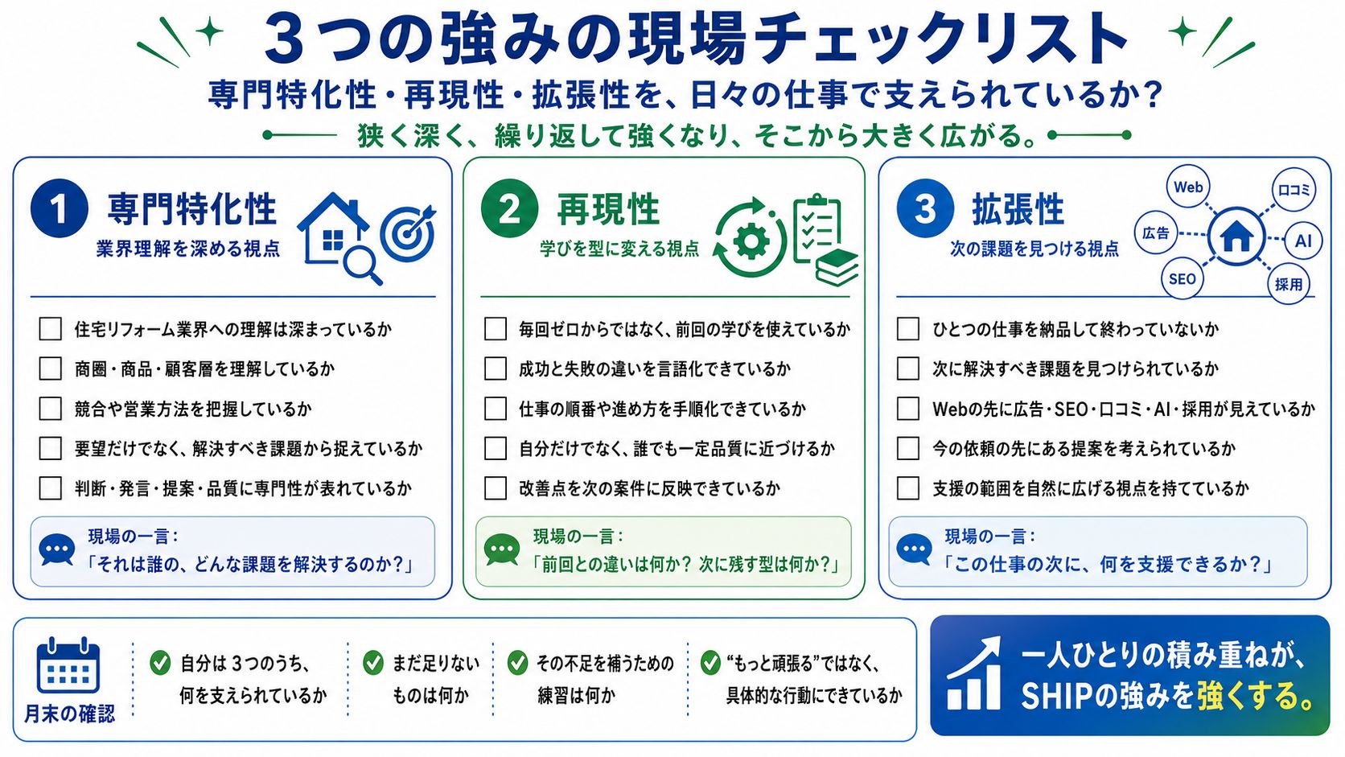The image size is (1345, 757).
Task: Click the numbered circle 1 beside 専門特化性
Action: (x=60, y=209)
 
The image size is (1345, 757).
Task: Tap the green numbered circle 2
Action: (x=509, y=209)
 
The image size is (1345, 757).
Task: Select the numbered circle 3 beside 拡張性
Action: (x=925, y=209)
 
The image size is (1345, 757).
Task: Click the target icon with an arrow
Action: (x=409, y=233)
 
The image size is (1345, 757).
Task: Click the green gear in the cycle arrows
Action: (x=751, y=241)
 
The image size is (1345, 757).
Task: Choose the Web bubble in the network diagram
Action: (x=1187, y=187)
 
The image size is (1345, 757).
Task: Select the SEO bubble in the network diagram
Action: (x=1183, y=278)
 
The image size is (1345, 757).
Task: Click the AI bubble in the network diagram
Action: (x=1302, y=241)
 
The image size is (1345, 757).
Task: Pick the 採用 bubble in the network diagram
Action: (x=1289, y=284)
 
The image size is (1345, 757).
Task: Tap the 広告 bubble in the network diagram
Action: (x=1156, y=233)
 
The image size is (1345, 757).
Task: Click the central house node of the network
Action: (x=1236, y=237)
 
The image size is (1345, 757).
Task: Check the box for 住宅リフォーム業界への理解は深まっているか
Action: (x=50, y=329)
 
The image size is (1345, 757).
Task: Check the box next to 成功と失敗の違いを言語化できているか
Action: (x=496, y=368)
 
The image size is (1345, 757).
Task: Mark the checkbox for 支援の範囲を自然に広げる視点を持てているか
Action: (x=908, y=488)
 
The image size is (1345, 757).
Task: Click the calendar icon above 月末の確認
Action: (x=68, y=665)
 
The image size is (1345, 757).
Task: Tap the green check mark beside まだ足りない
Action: (x=373, y=663)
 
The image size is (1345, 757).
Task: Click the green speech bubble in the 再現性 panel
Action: (x=501, y=549)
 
